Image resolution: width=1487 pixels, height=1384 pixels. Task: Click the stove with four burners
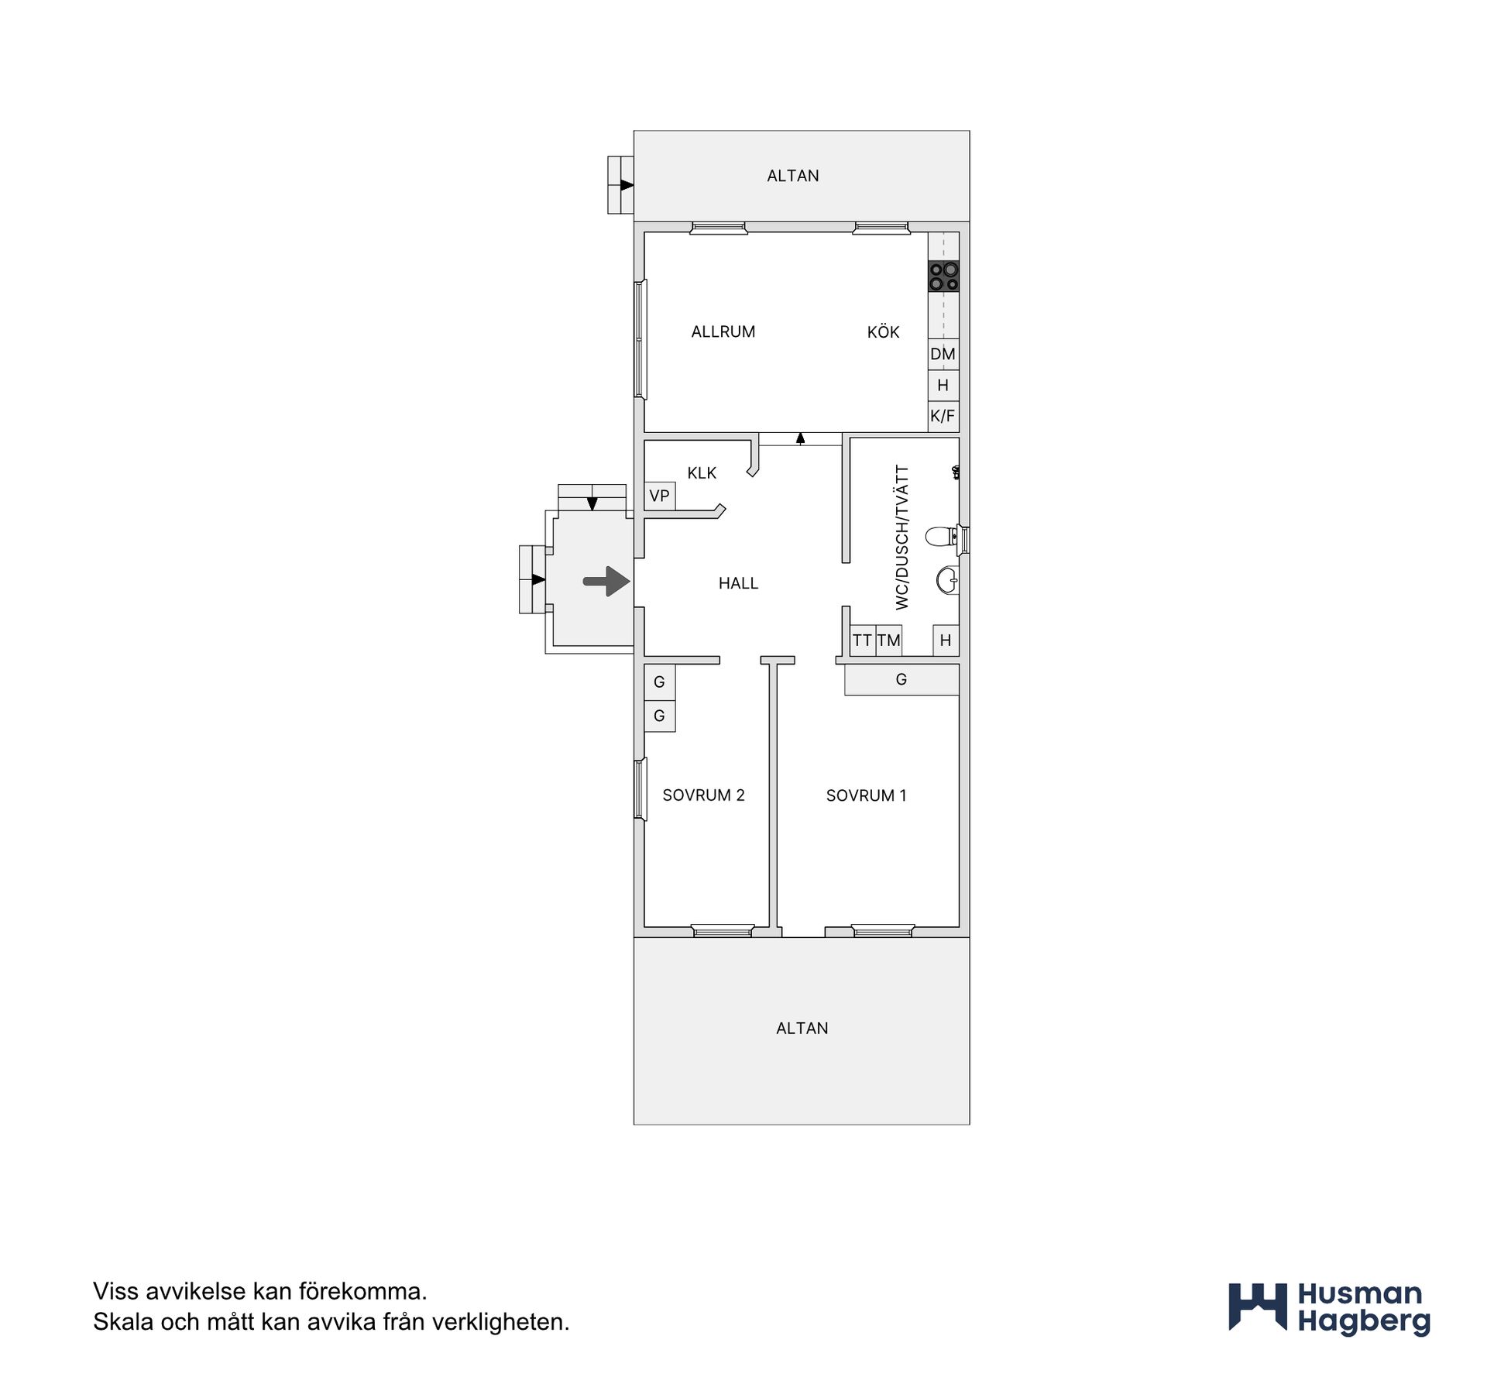tap(943, 276)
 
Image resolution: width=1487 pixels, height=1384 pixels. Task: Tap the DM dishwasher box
tap(943, 354)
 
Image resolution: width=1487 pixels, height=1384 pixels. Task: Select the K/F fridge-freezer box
tap(943, 416)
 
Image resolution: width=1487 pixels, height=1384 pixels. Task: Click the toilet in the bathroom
tap(943, 536)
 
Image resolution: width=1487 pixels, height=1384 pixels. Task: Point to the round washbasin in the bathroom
tap(947, 580)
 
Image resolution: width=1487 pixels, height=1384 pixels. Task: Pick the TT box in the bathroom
tap(863, 640)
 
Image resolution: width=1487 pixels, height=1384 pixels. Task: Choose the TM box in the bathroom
tap(889, 640)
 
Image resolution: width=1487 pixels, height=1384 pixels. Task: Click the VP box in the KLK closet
tap(660, 496)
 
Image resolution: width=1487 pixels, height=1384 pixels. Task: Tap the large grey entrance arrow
tap(606, 581)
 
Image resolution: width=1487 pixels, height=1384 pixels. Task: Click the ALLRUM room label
tap(723, 331)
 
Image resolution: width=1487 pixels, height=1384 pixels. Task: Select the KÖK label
tap(884, 331)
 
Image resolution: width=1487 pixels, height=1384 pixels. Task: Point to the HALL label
tap(738, 583)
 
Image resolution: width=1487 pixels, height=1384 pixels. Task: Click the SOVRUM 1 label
tap(866, 795)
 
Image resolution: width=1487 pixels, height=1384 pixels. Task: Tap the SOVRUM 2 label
tap(703, 795)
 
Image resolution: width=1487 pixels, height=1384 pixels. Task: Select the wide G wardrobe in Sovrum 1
tap(901, 679)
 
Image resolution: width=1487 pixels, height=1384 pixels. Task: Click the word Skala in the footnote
tap(123, 1322)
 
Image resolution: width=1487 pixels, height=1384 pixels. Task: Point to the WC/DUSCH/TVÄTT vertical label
tap(901, 537)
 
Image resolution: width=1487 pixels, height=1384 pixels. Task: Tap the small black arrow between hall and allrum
tap(801, 439)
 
